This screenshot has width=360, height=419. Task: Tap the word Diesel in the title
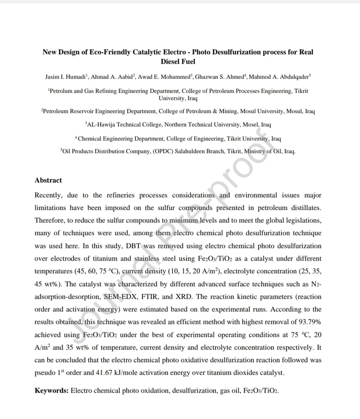click(x=170, y=61)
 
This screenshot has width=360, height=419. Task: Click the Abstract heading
click(x=48, y=180)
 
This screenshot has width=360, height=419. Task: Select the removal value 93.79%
click(x=308, y=322)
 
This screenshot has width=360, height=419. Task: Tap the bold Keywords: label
click(x=51, y=390)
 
